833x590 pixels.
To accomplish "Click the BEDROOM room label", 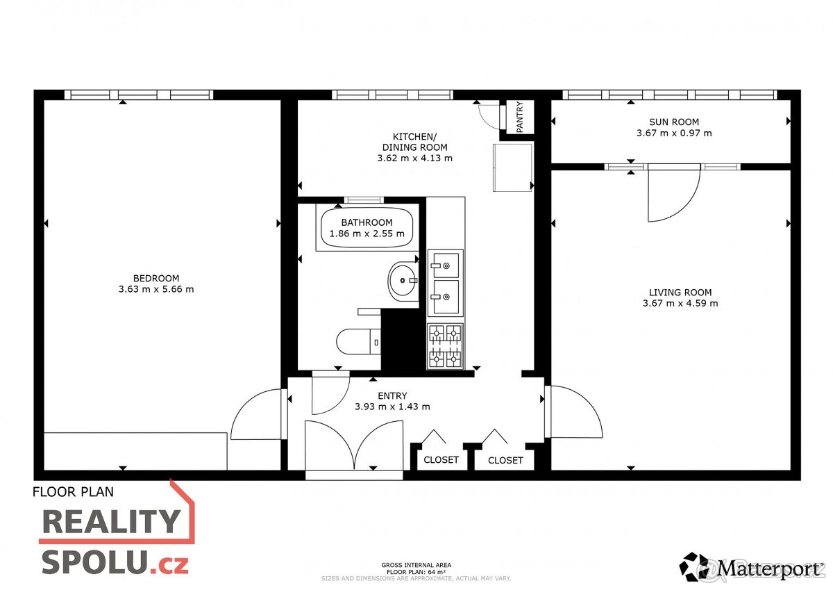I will click(156, 279).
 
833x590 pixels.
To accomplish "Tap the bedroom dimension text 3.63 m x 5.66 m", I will click(156, 289).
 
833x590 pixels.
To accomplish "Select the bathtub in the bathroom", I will click(367, 228).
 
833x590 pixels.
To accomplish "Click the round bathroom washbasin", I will click(402, 281).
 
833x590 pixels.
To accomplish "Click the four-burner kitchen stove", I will click(445, 346).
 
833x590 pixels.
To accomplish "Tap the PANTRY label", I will click(520, 117).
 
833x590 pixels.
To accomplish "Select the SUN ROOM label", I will click(674, 122).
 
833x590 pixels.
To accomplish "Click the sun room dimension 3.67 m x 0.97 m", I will click(674, 133).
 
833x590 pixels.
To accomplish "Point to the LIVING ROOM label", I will click(680, 293).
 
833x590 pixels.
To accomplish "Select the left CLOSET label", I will click(441, 460).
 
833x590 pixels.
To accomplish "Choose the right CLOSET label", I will click(505, 460).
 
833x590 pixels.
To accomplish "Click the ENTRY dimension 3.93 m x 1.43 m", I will click(392, 407).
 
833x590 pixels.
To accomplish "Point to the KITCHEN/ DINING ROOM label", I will click(414, 142).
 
